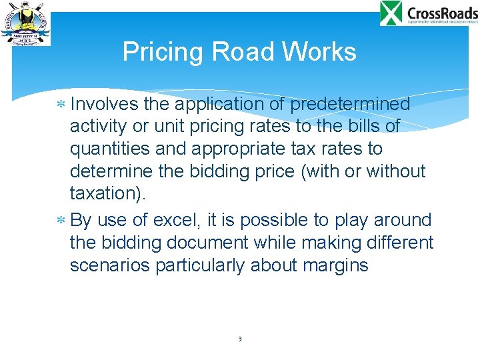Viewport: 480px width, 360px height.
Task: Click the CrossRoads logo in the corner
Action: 429,14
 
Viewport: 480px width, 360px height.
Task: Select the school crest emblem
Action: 25,23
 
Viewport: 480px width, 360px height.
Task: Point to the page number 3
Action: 239,339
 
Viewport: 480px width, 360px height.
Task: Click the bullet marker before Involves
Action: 61,105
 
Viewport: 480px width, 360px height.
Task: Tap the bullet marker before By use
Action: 61,221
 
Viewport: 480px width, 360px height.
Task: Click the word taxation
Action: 109,193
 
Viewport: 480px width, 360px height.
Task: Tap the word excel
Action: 173,219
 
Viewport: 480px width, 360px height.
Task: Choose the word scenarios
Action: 110,265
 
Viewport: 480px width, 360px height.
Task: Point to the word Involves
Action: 103,105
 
